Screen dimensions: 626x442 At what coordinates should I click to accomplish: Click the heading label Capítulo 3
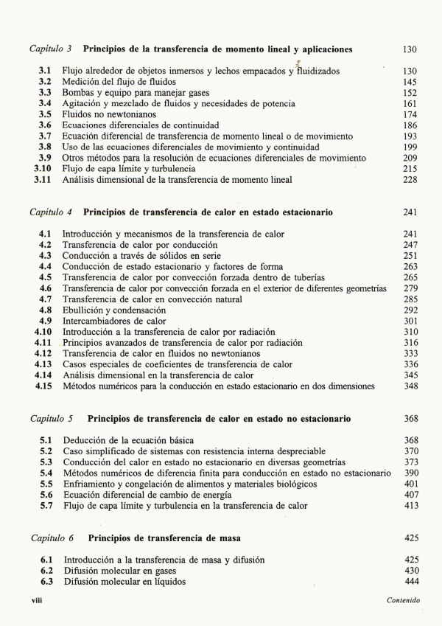[51, 49]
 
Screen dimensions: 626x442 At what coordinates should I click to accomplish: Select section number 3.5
[45, 114]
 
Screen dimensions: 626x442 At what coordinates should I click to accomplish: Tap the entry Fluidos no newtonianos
[108, 114]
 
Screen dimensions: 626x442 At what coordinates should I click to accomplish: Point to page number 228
[410, 179]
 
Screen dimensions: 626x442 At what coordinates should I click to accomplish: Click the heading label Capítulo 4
[51, 212]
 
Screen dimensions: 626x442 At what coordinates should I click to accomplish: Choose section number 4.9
[45, 321]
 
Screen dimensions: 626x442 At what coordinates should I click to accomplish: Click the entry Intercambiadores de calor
[114, 321]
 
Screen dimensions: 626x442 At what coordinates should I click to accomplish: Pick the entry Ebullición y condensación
[114, 310]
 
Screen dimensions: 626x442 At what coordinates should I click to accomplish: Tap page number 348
[410, 386]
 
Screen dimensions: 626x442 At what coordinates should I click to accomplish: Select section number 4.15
[43, 386]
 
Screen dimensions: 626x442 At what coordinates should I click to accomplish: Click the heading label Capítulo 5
[51, 419]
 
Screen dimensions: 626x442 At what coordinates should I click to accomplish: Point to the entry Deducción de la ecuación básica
[129, 440]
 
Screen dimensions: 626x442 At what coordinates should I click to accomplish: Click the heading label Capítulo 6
[51, 538]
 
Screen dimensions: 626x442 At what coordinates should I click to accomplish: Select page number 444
[410, 582]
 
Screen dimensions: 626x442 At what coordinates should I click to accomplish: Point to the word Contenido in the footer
[403, 601]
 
